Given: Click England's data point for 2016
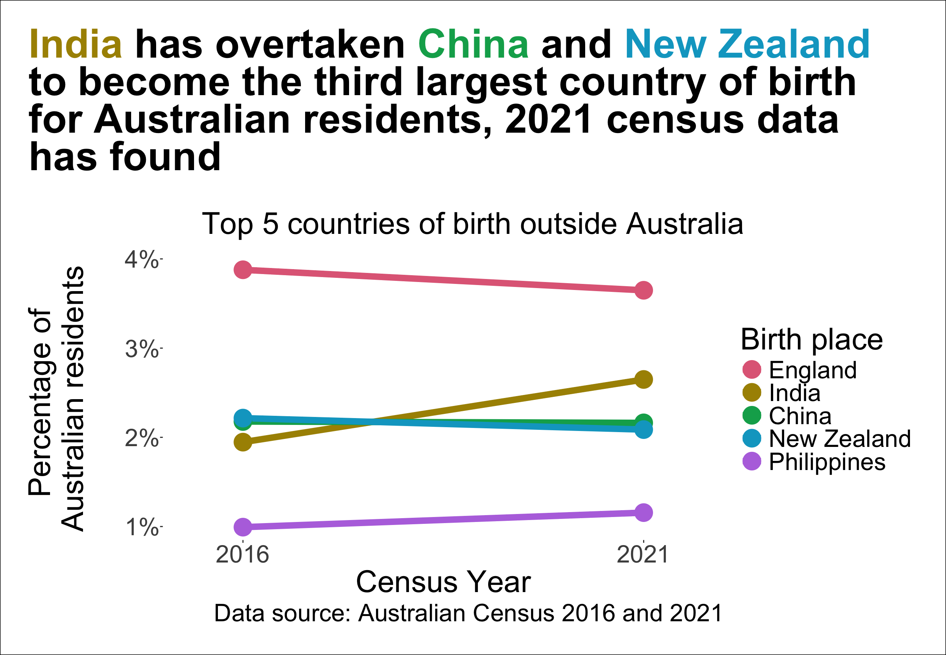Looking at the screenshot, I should pos(243,270).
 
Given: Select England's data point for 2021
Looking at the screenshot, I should pos(644,290).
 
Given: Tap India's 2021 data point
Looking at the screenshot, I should pos(644,380).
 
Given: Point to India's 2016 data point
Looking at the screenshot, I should pos(243,442).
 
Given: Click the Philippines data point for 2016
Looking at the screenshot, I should pos(243,527).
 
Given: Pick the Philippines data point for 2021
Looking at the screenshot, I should pos(644,512).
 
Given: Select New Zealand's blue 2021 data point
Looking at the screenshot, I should pos(644,430).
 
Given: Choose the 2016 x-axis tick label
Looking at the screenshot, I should pos(243,555).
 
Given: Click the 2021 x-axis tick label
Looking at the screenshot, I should pos(643,555).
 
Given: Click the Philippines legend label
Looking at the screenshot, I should pos(827,462).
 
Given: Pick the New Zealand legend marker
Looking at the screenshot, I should pos(752,438).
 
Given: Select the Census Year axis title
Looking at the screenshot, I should pos(443,581).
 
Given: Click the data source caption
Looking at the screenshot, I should pos(468,614).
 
